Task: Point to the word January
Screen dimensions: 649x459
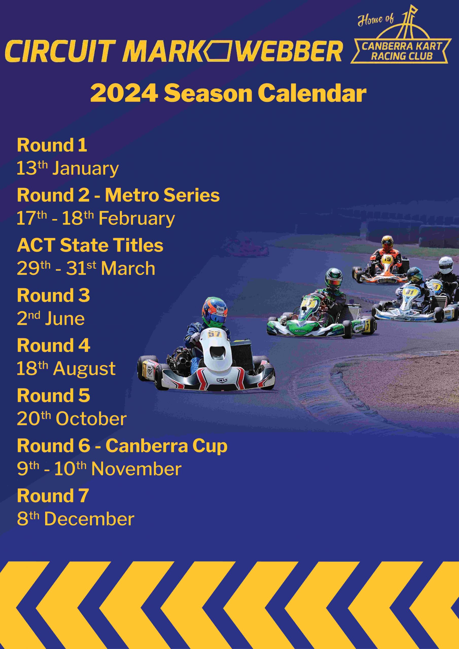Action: (85, 169)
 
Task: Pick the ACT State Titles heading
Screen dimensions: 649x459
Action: (90, 245)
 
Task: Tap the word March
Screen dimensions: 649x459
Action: (128, 268)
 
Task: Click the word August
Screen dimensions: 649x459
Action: (84, 369)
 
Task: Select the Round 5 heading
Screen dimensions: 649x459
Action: (54, 395)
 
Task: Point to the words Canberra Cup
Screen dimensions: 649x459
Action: (166, 446)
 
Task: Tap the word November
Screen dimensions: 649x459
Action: (136, 469)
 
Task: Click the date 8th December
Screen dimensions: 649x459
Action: (76, 519)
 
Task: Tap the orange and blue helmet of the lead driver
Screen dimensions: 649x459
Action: (214, 310)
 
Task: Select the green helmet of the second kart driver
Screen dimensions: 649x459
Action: (334, 278)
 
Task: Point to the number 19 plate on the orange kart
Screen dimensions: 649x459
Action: (387, 259)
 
